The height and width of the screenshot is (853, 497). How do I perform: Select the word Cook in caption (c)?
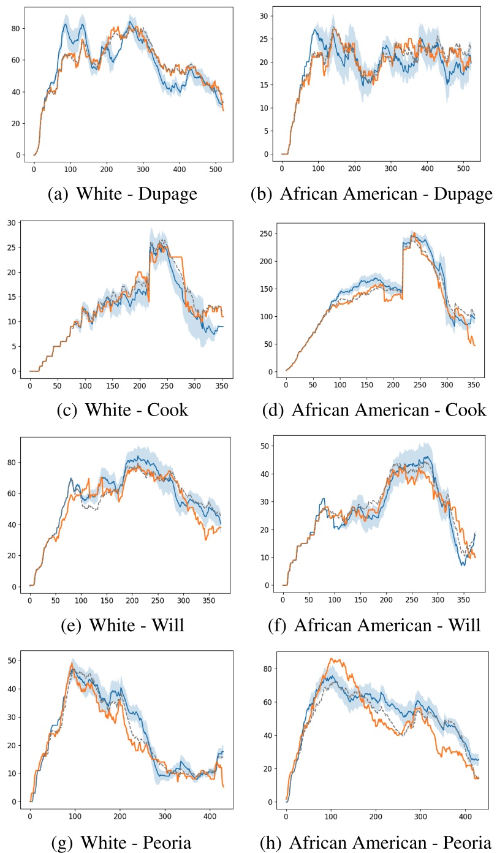point(167,409)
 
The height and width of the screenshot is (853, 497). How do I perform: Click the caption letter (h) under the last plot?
point(270,842)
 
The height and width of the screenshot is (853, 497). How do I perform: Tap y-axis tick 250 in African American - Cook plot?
point(266,233)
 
